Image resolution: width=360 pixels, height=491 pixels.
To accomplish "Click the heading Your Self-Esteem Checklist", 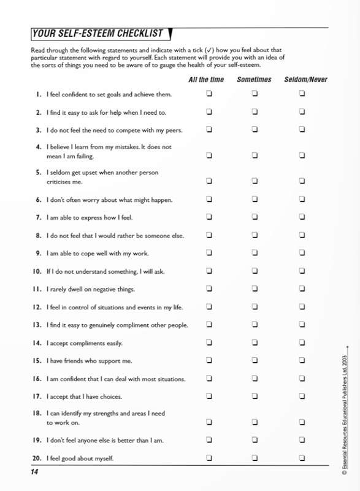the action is tap(98, 33).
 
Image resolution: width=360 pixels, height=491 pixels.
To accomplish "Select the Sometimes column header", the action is tap(254, 80).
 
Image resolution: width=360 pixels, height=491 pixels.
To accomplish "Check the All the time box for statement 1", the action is tap(209, 94).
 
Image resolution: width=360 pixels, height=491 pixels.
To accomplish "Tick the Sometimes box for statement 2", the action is tap(254, 112).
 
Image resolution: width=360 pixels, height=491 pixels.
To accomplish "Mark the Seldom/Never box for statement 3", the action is tap(302, 130).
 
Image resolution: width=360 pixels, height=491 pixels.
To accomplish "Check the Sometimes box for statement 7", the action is tap(254, 217).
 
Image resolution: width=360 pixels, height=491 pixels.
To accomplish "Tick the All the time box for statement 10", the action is tap(209, 271).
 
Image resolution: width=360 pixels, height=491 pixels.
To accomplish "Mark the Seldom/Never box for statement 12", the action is tap(302, 307).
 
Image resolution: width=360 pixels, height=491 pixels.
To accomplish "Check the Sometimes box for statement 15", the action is tap(254, 360).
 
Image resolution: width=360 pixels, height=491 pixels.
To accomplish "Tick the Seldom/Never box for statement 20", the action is tap(302, 458).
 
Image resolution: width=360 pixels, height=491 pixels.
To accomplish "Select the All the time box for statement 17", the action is tap(209, 396).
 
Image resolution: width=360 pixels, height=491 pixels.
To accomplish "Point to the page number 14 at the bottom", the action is tap(34, 472).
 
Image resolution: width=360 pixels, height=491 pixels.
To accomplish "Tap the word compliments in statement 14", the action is tap(90, 343).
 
